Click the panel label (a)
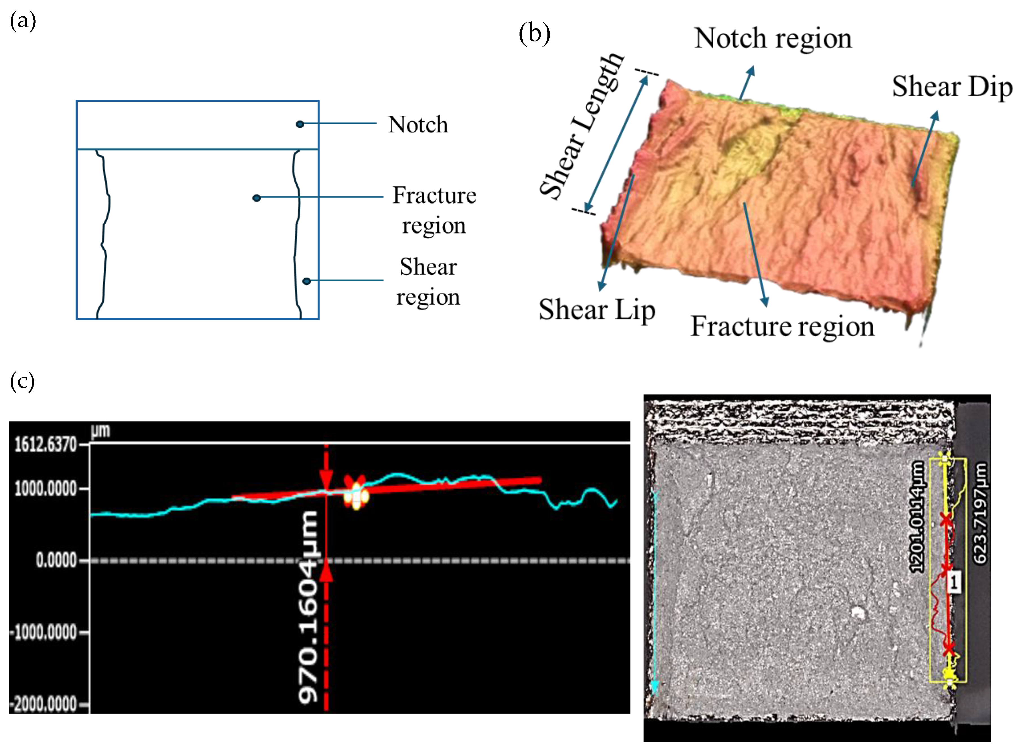coord(23,21)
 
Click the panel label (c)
coord(22,381)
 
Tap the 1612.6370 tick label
coord(45,444)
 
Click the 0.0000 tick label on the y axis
coord(56,560)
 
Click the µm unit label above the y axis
coord(100,431)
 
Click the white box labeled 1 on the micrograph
coord(953,582)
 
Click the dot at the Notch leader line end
coord(300,124)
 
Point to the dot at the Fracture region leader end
coord(257,198)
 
